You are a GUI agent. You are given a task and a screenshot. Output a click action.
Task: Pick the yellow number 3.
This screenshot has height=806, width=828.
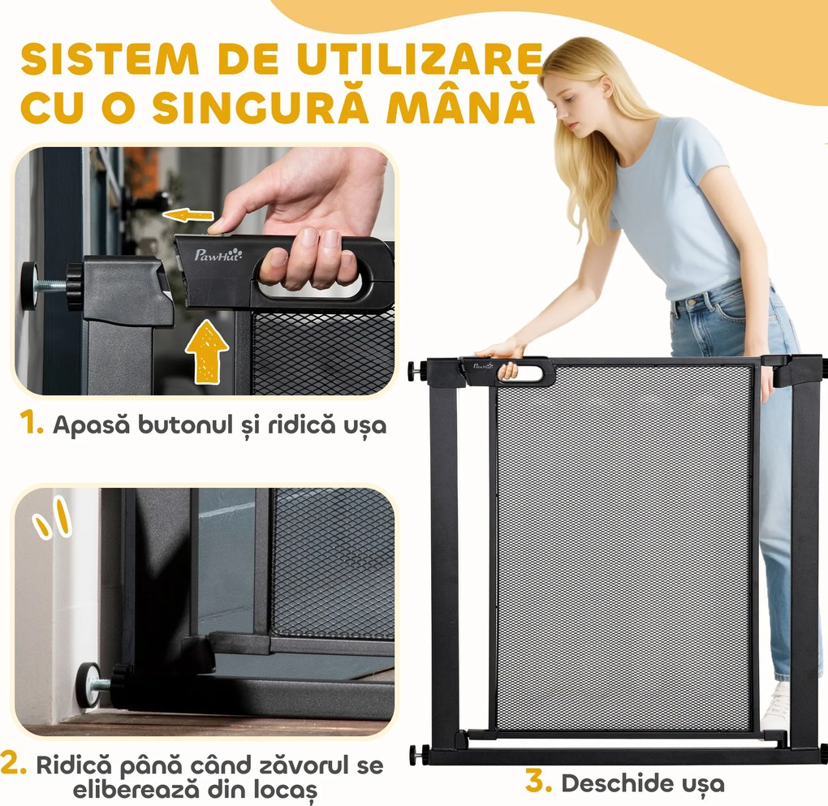pyautogui.click(x=539, y=782)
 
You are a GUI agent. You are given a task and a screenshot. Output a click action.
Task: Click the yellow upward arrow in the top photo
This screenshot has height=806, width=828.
pyautogui.click(x=206, y=350)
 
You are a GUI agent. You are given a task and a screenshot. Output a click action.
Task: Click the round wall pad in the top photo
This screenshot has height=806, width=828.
pyautogui.click(x=30, y=286)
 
